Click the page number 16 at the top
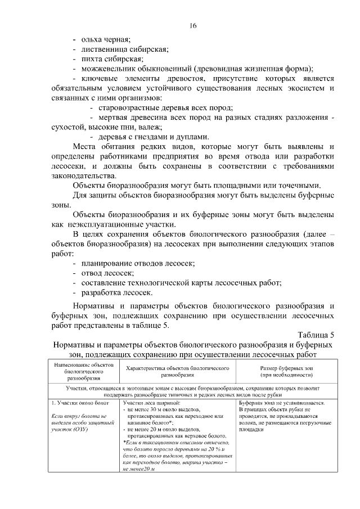(193, 26)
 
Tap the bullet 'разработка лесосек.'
(117, 292)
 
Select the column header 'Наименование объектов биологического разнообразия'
(83, 371)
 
